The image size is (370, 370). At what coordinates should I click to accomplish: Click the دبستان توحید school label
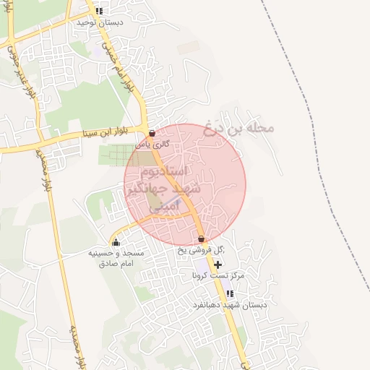(100, 22)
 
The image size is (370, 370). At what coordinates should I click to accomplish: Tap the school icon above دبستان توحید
(99, 12)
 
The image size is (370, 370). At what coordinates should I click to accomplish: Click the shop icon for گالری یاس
(152, 134)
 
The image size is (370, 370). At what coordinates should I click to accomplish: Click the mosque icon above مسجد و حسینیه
(116, 242)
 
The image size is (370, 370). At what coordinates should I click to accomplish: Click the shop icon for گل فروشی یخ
(201, 239)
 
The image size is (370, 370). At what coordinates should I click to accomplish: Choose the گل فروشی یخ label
(202, 250)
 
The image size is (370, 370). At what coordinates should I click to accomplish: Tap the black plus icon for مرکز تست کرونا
(218, 265)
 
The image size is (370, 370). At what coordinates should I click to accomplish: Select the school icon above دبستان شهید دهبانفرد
(230, 294)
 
